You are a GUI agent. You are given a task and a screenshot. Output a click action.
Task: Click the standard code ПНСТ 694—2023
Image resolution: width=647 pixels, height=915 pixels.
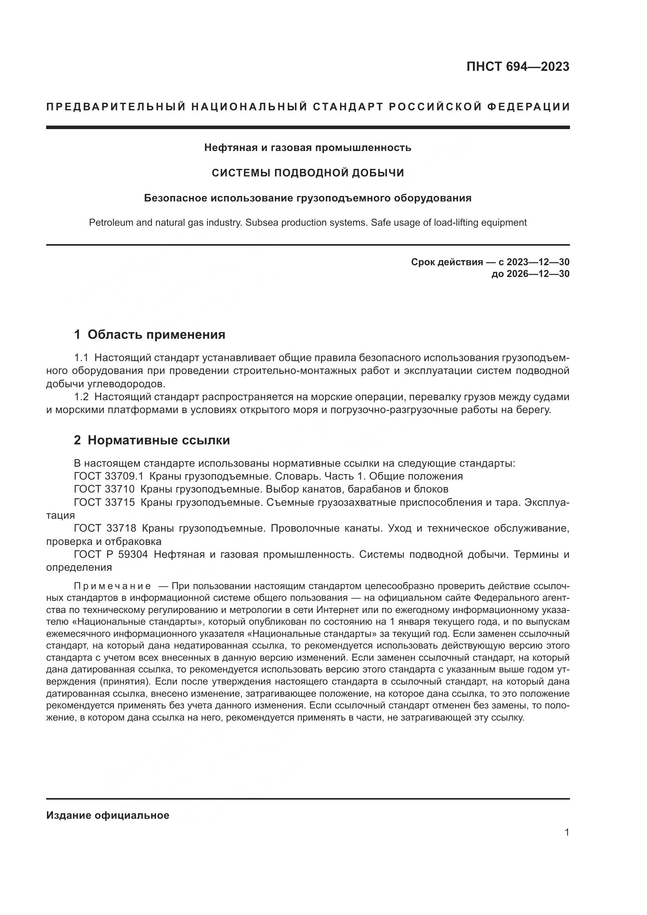coord(518,67)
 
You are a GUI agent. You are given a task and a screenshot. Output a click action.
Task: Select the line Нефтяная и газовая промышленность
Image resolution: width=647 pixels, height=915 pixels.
coord(307,148)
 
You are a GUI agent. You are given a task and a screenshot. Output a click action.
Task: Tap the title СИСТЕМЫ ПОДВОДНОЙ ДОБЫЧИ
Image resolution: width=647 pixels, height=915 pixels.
coord(307,173)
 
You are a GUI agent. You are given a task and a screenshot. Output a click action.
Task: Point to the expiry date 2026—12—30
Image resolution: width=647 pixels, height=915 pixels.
coord(538,274)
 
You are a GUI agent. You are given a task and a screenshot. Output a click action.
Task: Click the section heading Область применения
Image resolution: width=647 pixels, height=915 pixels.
coord(156,335)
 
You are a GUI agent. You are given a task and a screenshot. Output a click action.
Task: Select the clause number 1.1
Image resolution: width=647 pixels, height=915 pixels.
coord(81,358)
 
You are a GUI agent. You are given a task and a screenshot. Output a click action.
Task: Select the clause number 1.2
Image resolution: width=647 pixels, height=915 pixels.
coord(81,397)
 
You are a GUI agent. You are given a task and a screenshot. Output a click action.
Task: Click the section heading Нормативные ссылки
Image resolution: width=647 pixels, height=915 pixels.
coord(158,440)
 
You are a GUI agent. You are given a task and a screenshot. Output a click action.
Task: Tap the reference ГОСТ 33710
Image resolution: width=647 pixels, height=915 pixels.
coord(104,489)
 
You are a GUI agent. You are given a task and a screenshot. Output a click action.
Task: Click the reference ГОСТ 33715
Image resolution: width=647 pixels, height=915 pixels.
coord(104,502)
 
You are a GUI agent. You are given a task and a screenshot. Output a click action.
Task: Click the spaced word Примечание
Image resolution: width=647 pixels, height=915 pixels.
coord(112,586)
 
